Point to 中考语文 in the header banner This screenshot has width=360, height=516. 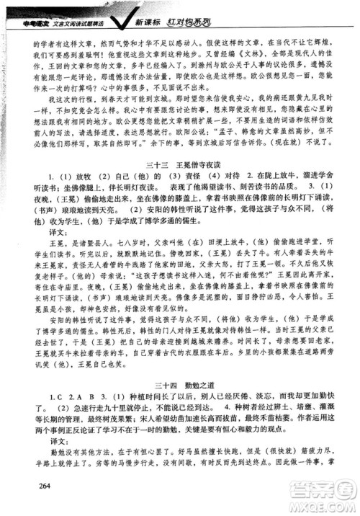[24, 8]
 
